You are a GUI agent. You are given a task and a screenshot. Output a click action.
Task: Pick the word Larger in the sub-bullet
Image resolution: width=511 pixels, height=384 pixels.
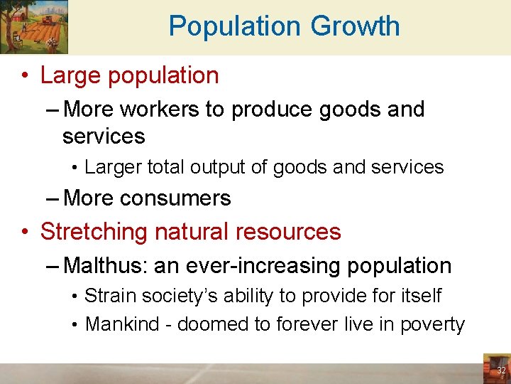[x=112, y=167]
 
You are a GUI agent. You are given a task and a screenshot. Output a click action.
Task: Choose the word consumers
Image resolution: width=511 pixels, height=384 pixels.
[x=176, y=198]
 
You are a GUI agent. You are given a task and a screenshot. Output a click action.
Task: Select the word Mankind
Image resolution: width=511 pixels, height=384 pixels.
[x=117, y=325]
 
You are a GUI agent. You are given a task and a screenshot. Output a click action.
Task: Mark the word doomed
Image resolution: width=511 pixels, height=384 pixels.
[x=212, y=325]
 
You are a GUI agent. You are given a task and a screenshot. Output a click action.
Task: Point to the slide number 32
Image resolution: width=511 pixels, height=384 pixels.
[x=501, y=370]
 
